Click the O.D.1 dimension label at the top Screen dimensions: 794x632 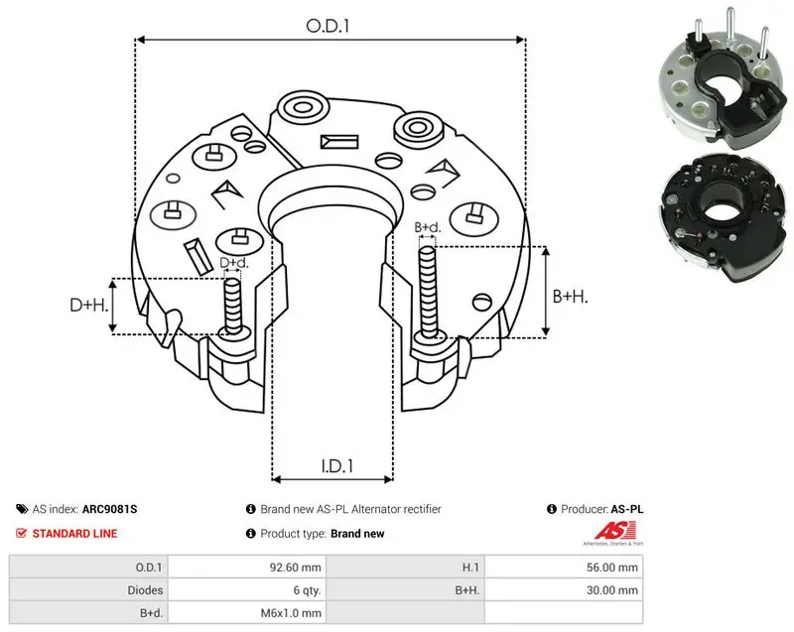click(328, 26)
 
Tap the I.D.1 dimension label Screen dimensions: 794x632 click(337, 465)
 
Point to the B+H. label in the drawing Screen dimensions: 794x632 click(570, 296)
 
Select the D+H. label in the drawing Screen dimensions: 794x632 click(89, 305)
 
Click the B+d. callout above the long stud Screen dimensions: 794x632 click(428, 227)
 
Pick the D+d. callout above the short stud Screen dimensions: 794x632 click(234, 263)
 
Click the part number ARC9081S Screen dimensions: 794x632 click(109, 509)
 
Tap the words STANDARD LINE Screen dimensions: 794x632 click(75, 534)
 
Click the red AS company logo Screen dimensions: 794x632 click(613, 534)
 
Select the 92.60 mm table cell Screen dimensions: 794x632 click(295, 568)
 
